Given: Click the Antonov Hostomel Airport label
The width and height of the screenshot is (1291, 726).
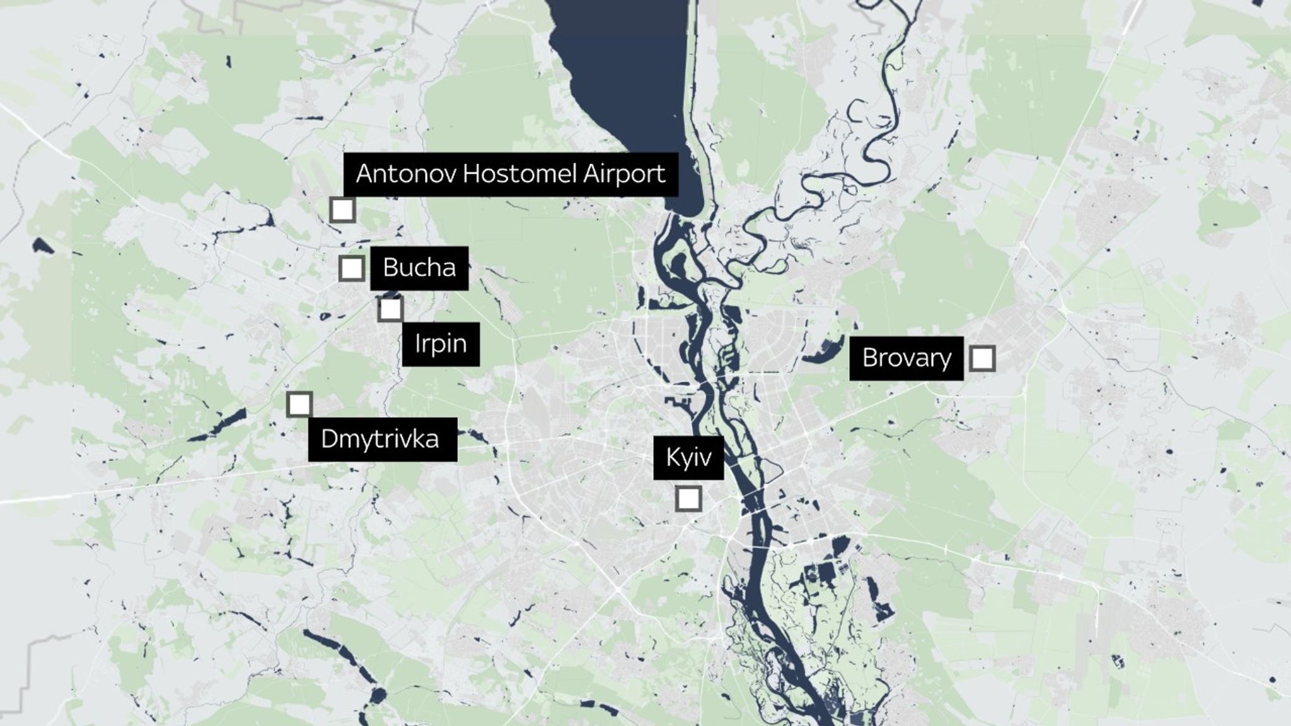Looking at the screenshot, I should pos(511,174).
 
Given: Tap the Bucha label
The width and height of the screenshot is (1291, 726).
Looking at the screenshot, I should pos(419,268).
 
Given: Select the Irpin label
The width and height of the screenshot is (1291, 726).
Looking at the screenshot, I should pos(441,344).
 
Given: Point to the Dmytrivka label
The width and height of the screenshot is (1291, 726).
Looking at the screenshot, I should pos(382,439).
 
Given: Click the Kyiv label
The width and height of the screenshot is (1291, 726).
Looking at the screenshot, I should pos(688,458).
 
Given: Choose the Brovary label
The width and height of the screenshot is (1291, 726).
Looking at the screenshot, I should pos(906,358).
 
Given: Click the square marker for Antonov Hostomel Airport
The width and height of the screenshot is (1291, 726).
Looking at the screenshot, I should pos(342,210).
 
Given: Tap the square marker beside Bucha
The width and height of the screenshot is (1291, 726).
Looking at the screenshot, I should pos(351,268).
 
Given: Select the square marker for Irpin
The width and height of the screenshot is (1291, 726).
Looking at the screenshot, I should pos(391,309).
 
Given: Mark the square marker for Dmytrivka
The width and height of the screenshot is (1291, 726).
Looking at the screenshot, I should pos(299,405).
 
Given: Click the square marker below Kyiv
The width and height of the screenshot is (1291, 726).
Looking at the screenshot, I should pos(688,499).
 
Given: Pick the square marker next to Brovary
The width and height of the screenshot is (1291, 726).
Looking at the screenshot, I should pos(982,359).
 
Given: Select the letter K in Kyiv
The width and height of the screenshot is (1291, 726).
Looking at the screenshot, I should pos(672,458).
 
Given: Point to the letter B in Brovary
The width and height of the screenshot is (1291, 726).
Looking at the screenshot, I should pos(870,358).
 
